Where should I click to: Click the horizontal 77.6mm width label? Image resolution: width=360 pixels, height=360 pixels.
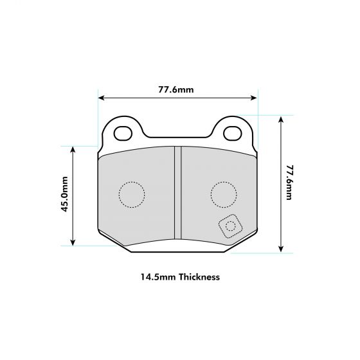tap(176, 89)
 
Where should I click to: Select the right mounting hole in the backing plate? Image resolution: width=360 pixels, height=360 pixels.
tap(233, 133)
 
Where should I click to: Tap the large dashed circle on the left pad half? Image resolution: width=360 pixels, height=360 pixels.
tap(132, 195)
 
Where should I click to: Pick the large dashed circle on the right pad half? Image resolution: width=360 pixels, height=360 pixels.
tap(224, 194)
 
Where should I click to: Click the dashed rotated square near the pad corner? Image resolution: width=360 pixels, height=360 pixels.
tap(230, 226)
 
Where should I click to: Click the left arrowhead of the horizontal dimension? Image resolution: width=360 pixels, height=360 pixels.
tap(101, 98)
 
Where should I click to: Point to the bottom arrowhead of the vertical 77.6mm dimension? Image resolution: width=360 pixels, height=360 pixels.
tap(281, 249)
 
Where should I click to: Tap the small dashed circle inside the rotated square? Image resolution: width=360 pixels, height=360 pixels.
tap(230, 226)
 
